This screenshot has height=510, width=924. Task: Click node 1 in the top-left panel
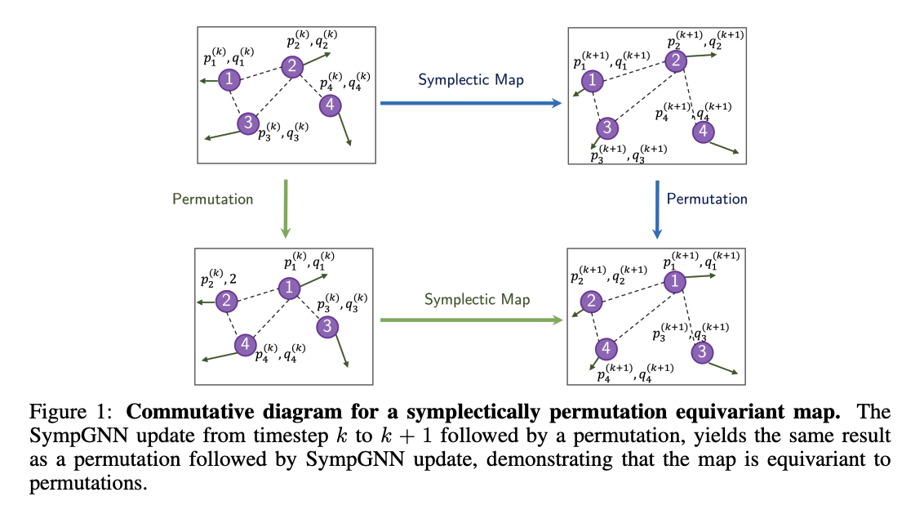click(231, 79)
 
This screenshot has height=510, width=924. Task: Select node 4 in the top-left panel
click(330, 105)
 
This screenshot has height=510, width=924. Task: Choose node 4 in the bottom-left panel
click(244, 345)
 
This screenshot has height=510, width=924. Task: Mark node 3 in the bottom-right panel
click(702, 352)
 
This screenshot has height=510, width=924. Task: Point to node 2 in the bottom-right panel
click(590, 302)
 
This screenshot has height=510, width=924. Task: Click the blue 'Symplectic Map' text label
click(471, 80)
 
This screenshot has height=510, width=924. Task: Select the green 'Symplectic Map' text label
click(477, 299)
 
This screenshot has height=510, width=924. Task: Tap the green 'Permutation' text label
click(213, 199)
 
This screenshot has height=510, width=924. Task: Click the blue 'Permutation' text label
click(707, 199)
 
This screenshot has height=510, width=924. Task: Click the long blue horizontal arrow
click(472, 103)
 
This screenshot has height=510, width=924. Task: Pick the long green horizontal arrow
click(473, 320)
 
